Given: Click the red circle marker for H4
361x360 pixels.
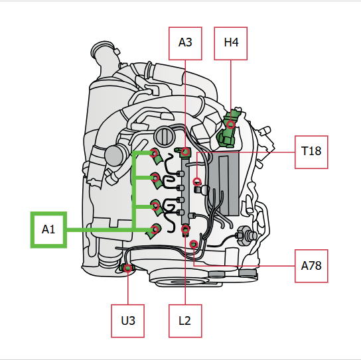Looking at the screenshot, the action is point(231,125).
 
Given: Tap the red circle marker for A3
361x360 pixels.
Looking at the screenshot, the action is point(185,152).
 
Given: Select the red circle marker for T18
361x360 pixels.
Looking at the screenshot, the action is point(197,182).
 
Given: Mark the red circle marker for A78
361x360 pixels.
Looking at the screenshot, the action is point(194,244).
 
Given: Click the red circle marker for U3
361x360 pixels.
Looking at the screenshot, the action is point(128,268).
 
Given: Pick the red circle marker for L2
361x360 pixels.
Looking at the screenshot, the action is point(185,229).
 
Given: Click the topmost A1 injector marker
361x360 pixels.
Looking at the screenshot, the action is point(154,152).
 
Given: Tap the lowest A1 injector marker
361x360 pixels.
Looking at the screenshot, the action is point(155,229).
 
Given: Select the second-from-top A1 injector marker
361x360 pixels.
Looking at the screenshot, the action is point(155,178).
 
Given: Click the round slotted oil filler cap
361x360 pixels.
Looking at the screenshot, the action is point(165,136).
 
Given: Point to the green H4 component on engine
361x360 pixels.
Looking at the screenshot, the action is point(230,129).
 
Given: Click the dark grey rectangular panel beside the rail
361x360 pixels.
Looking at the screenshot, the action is point(224,184).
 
